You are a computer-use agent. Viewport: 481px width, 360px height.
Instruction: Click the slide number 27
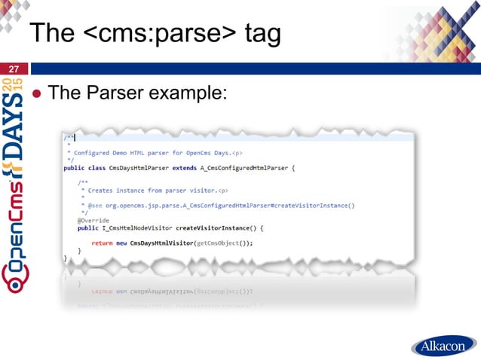click(x=14, y=69)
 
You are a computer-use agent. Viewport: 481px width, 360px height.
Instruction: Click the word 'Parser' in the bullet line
click(x=116, y=93)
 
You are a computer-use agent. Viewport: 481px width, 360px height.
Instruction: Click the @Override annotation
click(x=93, y=220)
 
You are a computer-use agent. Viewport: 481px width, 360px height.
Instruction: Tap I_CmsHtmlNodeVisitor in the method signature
click(x=136, y=227)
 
